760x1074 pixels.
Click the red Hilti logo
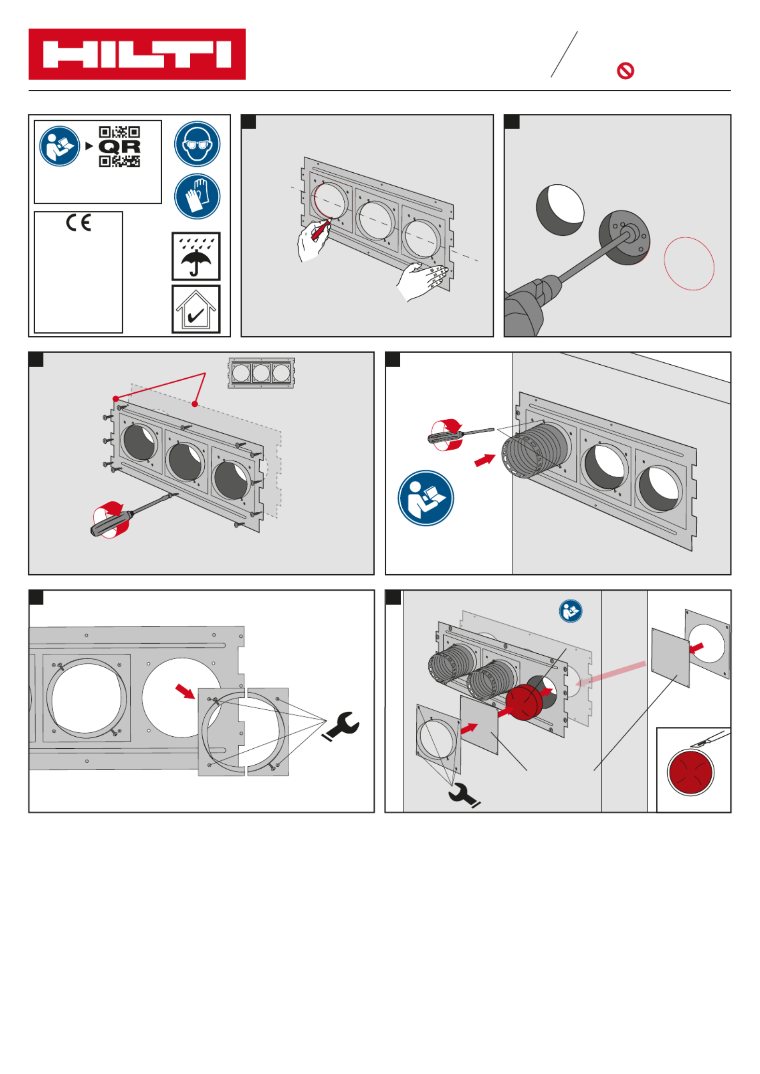pyautogui.click(x=137, y=54)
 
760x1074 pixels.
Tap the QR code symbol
pyautogui.click(x=119, y=147)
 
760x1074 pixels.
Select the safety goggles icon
pyautogui.click(x=197, y=144)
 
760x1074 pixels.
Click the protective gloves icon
pyautogui.click(x=197, y=196)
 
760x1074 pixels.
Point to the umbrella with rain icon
pyautogui.click(x=196, y=256)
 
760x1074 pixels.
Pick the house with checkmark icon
pyautogui.click(x=196, y=309)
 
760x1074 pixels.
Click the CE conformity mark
pyautogui.click(x=79, y=222)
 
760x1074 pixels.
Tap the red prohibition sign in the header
pyautogui.click(x=625, y=71)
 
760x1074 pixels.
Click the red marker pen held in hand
pyautogui.click(x=321, y=230)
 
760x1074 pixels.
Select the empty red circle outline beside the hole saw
pyautogui.click(x=689, y=263)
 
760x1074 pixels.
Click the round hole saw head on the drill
pyautogui.click(x=624, y=237)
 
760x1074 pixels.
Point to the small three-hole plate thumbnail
pyautogui.click(x=261, y=372)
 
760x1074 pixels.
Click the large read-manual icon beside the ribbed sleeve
pyautogui.click(x=425, y=498)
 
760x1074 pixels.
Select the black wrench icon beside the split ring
pyautogui.click(x=342, y=726)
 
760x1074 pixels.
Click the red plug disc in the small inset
pyautogui.click(x=690, y=772)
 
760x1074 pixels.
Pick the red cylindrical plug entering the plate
pyautogui.click(x=524, y=702)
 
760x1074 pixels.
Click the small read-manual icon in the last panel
pyautogui.click(x=570, y=611)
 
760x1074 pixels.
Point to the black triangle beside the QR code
pyautogui.click(x=89, y=146)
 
